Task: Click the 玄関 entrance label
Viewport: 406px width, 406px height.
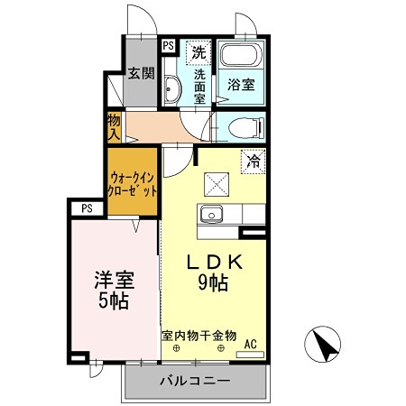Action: [x=139, y=74]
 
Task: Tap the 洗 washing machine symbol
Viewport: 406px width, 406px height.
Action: [x=198, y=51]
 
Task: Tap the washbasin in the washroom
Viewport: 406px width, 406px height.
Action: [x=172, y=88]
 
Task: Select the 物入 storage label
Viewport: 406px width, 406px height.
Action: [x=114, y=125]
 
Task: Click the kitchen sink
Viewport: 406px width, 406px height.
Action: [x=213, y=216]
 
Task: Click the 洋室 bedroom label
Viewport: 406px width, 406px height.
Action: [x=115, y=280]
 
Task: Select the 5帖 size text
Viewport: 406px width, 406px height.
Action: [x=115, y=300]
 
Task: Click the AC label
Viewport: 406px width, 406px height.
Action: [x=251, y=342]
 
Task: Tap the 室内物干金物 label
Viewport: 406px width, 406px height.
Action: [x=199, y=335]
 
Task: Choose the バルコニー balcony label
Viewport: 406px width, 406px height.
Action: [x=195, y=381]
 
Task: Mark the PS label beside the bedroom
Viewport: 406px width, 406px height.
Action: [x=87, y=208]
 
